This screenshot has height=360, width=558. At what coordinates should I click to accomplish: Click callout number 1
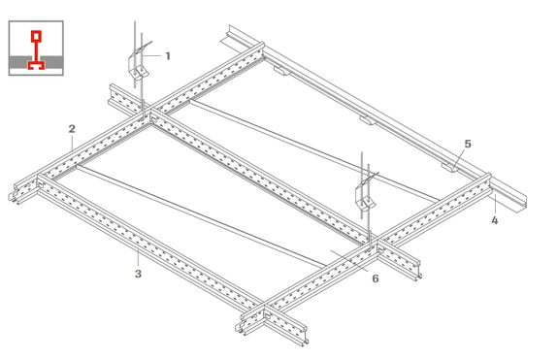(x=168, y=56)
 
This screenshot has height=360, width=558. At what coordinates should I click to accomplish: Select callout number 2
(x=72, y=129)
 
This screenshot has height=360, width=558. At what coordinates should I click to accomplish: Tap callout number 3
(x=138, y=274)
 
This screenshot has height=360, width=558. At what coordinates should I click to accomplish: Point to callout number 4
(x=495, y=220)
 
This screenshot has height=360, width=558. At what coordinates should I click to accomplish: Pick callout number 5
(x=468, y=144)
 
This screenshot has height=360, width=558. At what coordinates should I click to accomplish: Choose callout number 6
(x=376, y=278)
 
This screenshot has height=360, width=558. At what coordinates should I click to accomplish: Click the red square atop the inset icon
(x=36, y=36)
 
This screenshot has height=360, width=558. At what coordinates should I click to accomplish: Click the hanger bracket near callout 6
(x=366, y=194)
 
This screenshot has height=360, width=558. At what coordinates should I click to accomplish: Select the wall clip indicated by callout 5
(x=450, y=167)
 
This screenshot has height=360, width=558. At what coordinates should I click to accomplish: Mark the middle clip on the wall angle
(x=368, y=120)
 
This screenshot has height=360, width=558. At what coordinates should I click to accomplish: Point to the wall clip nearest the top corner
(x=282, y=71)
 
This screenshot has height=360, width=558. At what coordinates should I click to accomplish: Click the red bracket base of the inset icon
(x=36, y=65)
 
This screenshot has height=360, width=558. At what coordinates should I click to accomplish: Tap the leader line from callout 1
(x=151, y=56)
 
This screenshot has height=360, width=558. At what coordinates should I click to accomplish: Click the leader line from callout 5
(x=459, y=158)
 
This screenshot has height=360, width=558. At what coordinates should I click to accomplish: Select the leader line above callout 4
(x=493, y=205)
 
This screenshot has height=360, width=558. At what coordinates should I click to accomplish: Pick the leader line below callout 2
(x=72, y=144)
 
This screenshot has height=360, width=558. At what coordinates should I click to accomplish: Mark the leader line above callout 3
(x=138, y=259)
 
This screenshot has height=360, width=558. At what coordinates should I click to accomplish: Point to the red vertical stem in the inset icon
(x=36, y=50)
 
